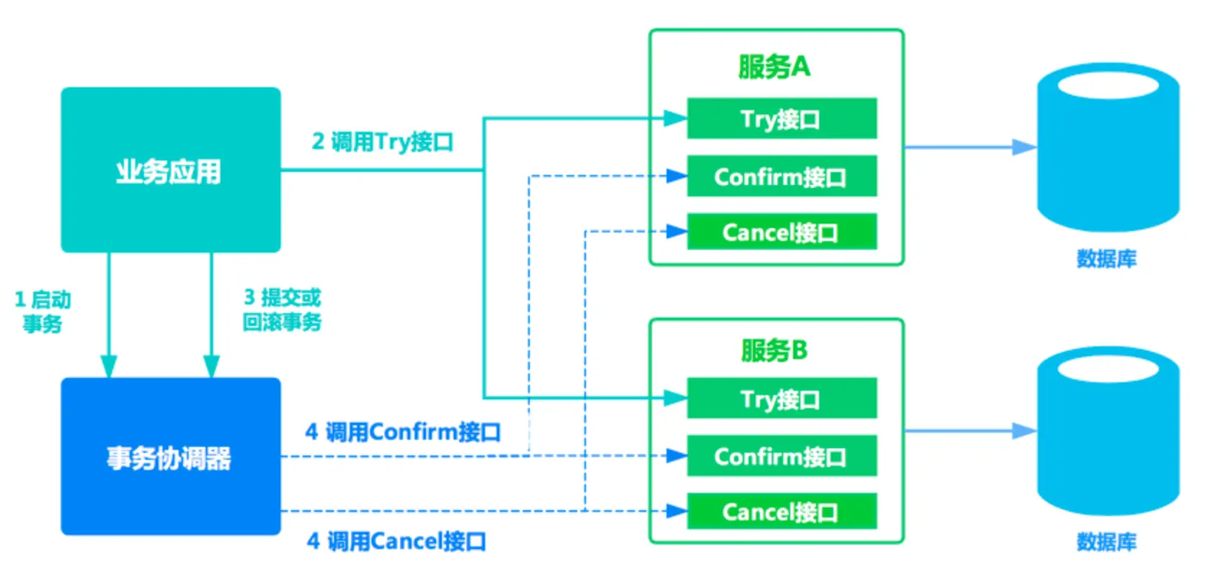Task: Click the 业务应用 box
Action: [x=171, y=170]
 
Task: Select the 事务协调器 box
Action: [x=171, y=456]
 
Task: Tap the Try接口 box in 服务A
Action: [x=782, y=118]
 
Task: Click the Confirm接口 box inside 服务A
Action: [x=782, y=176]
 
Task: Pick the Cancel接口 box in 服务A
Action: [x=782, y=232]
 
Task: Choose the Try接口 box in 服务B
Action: [x=782, y=398]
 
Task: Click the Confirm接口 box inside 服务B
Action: [x=782, y=456]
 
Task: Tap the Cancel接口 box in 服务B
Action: [x=782, y=512]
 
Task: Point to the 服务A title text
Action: [x=774, y=67]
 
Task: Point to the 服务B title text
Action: [x=774, y=351]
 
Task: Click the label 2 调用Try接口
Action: [x=382, y=142]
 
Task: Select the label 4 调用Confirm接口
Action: [x=403, y=432]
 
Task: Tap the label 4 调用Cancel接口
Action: [x=397, y=541]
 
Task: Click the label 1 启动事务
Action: [x=42, y=312]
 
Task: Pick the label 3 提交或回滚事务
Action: [x=282, y=309]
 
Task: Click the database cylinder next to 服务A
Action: [x=1108, y=148]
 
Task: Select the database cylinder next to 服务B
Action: [x=1108, y=432]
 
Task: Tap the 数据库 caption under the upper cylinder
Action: [x=1106, y=258]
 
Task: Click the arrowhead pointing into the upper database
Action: [x=1024, y=148]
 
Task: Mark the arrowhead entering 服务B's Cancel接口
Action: [x=677, y=511]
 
